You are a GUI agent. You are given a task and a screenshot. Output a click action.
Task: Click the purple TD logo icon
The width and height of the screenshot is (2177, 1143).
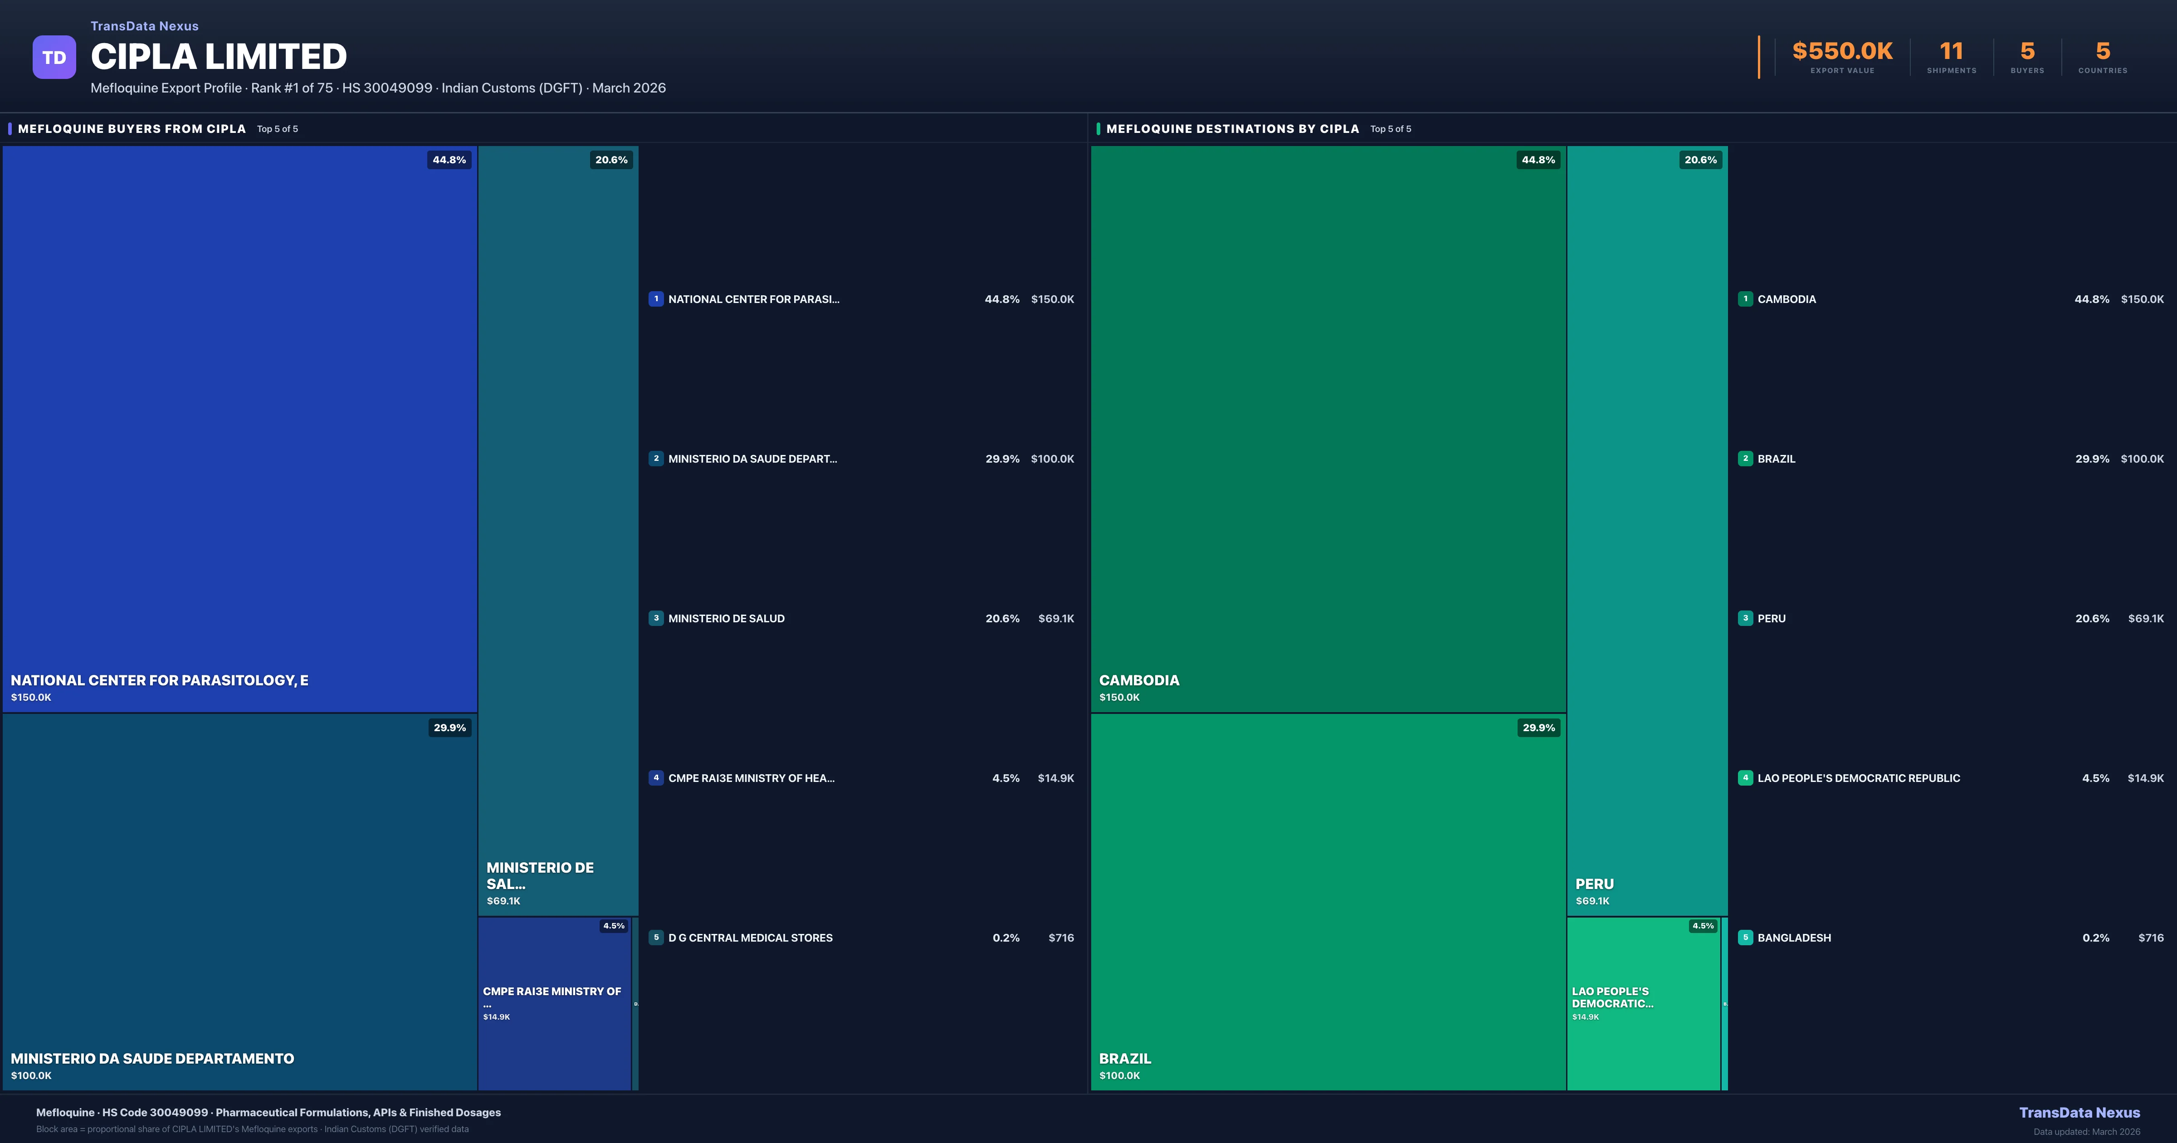[54, 58]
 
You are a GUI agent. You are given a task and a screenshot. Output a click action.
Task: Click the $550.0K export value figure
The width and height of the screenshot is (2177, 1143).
[1842, 52]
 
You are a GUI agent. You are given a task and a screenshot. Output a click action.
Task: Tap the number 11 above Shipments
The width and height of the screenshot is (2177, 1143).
[1951, 52]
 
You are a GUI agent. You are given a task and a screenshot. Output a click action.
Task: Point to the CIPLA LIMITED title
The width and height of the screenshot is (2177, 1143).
[219, 57]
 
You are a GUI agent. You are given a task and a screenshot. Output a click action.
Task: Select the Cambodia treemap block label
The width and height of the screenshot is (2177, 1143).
[1138, 680]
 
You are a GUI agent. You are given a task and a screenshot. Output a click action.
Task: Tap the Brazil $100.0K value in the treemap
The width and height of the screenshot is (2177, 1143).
[1119, 1075]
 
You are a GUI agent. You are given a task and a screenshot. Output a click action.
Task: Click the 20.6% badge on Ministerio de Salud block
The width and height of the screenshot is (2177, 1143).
[611, 160]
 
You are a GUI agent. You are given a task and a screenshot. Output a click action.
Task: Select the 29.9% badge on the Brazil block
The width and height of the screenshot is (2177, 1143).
[1538, 728]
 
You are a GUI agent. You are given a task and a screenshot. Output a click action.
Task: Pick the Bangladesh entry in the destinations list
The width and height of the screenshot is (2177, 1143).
[1793, 938]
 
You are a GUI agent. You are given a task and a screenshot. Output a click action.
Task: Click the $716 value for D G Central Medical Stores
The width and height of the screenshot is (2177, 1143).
[1061, 938]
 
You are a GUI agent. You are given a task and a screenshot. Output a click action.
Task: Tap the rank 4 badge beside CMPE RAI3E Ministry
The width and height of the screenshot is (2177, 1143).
[656, 778]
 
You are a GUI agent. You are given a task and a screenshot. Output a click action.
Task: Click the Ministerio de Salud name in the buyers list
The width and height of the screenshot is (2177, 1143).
[726, 619]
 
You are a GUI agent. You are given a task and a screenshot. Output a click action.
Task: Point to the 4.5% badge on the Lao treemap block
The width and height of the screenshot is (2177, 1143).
[1702, 926]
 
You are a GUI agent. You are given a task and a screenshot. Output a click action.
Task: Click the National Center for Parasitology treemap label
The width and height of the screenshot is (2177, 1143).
[159, 680]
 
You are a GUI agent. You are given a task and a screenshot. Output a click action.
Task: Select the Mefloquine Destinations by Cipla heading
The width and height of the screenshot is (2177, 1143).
[1232, 128]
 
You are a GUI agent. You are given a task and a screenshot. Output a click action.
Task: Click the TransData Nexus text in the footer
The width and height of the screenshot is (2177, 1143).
[2079, 1113]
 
